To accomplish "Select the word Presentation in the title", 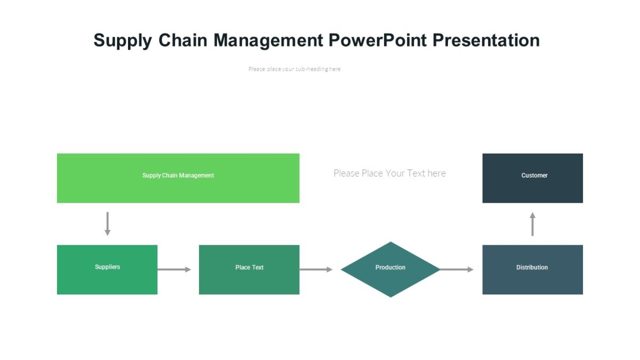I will (x=487, y=41).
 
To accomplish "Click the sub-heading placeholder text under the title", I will (x=294, y=69).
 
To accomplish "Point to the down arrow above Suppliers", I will (x=107, y=223).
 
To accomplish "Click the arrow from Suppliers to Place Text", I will (x=174, y=269).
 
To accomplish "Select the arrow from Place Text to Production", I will (x=316, y=269).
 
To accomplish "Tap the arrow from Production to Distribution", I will (x=457, y=269).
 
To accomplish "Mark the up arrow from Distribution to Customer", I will (x=532, y=224).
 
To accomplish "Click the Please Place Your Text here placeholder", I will (x=389, y=173).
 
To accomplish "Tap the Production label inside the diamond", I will (x=390, y=267).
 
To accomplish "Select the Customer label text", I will (x=534, y=175).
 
